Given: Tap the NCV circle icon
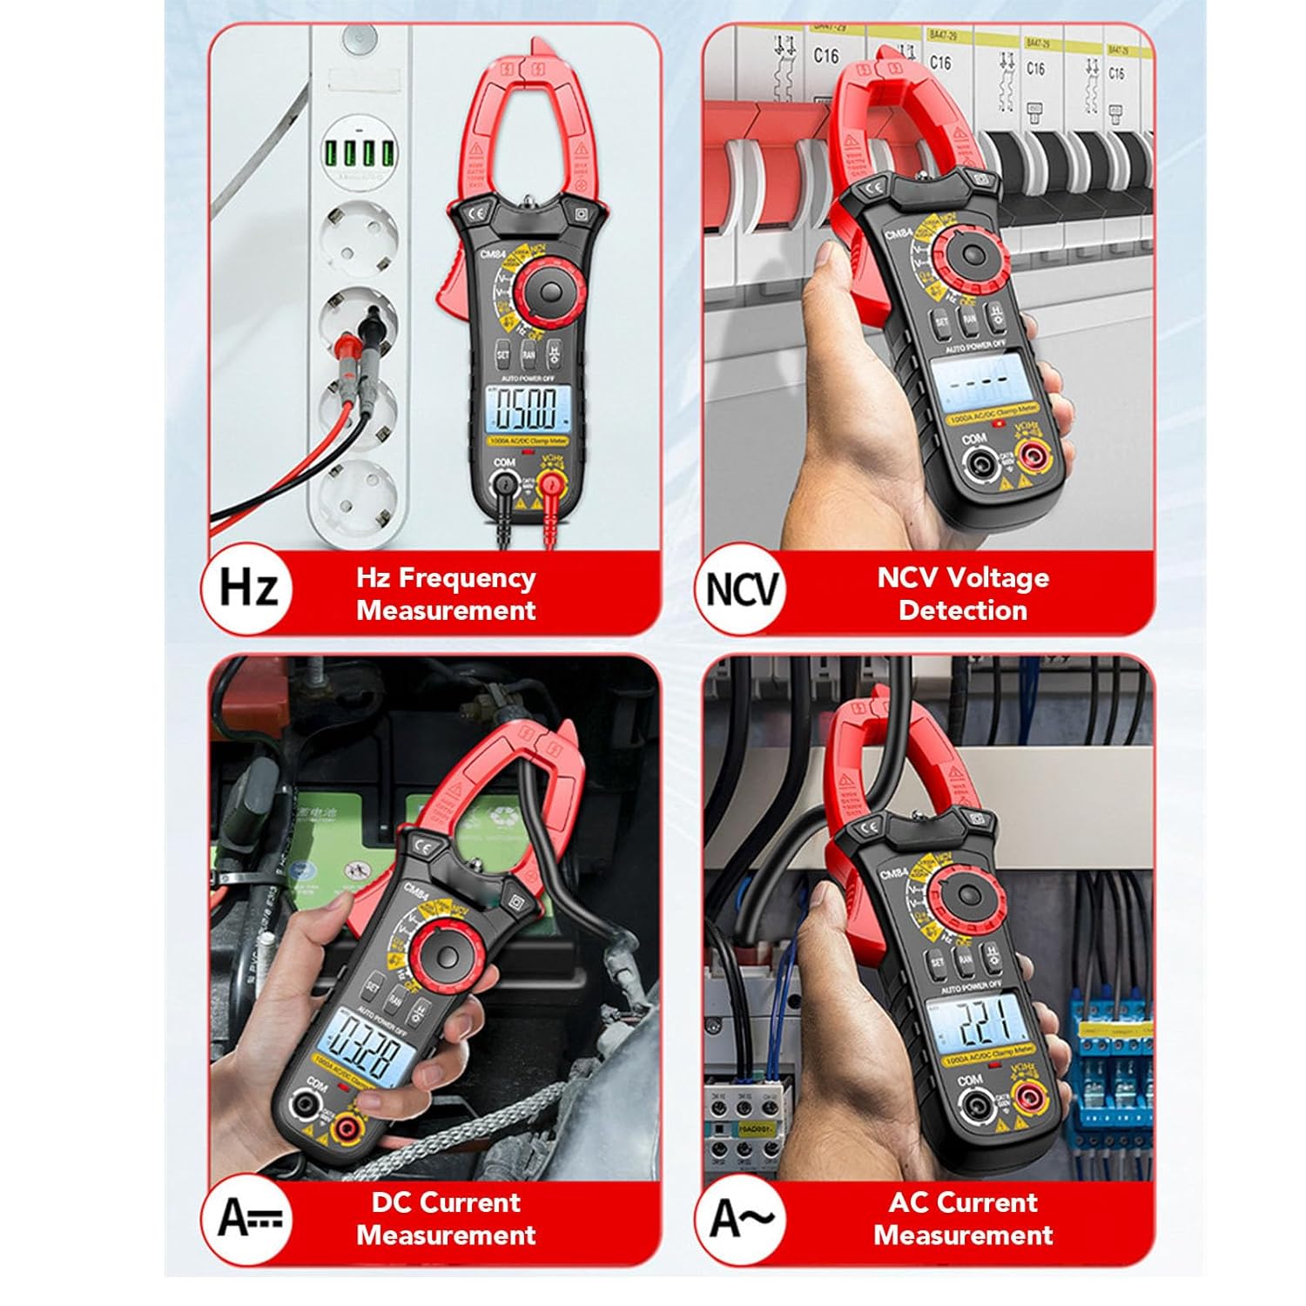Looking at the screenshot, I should (741, 589).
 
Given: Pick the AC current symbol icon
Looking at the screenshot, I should (741, 1216).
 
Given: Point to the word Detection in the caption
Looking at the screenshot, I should (962, 610).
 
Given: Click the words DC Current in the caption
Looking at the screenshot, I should (446, 1202).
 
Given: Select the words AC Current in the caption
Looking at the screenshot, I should (962, 1202).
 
